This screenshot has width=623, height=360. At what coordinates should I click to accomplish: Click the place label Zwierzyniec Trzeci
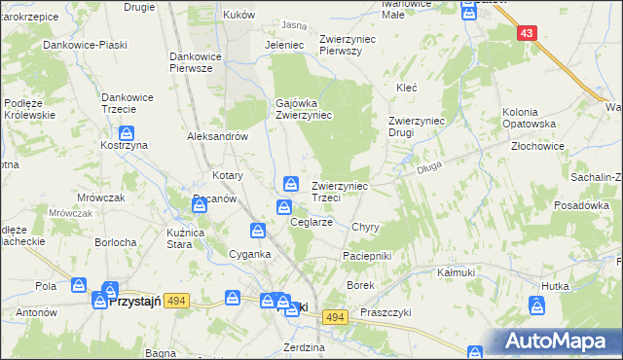[x=339, y=191]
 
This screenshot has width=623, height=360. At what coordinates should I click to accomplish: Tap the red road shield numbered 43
[x=527, y=33]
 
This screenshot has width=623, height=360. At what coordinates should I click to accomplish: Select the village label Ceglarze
[x=312, y=222]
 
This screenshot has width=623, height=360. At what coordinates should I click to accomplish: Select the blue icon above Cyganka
[x=258, y=231]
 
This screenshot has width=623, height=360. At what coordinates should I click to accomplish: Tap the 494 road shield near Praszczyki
[x=335, y=317]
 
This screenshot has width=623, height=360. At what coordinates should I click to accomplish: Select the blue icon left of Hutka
[x=536, y=306]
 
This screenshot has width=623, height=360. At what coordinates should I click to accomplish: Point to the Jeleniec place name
[x=285, y=45]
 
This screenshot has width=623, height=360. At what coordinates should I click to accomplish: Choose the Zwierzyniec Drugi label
[x=416, y=126]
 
